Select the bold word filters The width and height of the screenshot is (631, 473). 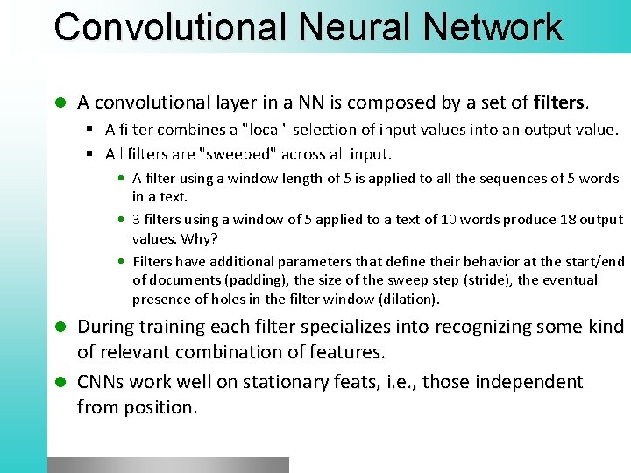point(558,102)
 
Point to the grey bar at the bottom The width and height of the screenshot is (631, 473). point(168,464)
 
